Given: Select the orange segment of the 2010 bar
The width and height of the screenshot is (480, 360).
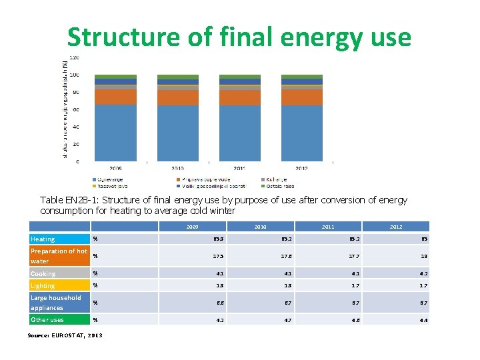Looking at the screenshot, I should (177, 97).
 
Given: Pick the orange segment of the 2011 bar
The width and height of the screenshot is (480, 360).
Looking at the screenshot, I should (239, 97).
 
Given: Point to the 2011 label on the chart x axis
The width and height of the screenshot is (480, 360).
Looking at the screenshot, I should (239, 169).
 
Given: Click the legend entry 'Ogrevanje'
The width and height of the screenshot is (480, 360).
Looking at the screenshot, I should (111, 179).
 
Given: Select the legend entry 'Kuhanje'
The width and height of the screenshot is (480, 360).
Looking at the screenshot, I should (277, 179).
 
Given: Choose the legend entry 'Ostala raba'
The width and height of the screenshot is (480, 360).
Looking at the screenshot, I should (279, 186).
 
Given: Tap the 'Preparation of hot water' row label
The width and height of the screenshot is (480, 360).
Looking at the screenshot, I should (59, 256).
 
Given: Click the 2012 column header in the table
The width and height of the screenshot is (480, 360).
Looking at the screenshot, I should (396, 227).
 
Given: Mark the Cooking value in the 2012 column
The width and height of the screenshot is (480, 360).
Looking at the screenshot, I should (424, 273).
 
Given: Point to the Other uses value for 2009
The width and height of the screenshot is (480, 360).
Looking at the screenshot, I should (218, 319).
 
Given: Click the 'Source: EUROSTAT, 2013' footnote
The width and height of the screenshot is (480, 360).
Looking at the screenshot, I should (65, 335).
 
